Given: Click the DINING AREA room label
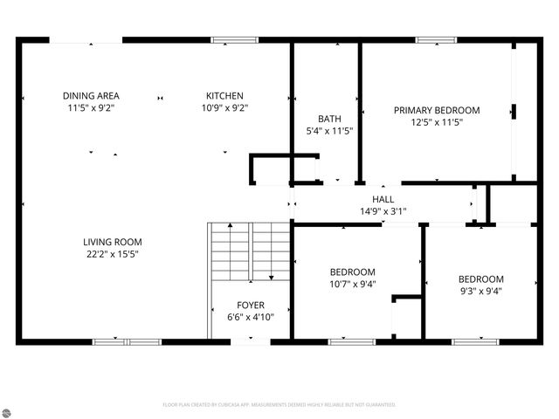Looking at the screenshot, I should click(91, 96).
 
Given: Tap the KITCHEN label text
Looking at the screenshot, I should click(224, 96).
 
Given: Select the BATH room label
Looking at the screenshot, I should click(329, 119).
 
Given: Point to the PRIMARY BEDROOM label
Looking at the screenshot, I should click(437, 110).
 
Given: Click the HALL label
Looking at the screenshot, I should click(383, 199).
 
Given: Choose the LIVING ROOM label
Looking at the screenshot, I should click(112, 242).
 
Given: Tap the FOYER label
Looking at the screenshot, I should click(251, 306).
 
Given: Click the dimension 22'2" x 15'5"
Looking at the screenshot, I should click(112, 254).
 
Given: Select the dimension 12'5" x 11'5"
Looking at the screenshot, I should click(437, 122).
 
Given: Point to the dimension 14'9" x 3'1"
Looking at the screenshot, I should click(383, 210).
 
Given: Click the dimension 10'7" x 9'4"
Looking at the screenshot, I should click(353, 284).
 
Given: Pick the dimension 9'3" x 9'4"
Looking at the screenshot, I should click(480, 291).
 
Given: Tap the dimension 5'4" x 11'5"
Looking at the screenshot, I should click(329, 131).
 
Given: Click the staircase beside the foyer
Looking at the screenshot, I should click(249, 251).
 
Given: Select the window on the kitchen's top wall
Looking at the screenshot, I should click(235, 39).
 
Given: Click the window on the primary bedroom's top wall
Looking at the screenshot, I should click(437, 39).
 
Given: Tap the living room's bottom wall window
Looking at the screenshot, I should click(127, 342).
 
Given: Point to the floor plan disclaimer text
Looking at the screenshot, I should click(279, 405).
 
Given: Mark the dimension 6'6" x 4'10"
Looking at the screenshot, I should click(251, 317).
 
